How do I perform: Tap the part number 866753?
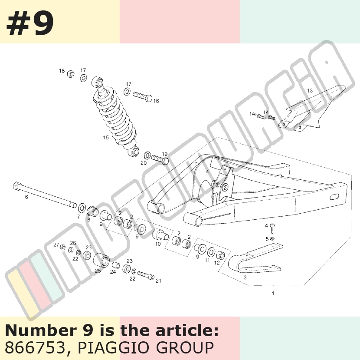click(35, 347)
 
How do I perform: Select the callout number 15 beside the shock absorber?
click(106, 138)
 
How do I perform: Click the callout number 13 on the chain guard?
click(310, 91)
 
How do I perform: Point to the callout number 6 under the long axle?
click(26, 197)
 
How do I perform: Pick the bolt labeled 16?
click(142, 96)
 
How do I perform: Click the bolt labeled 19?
click(160, 159)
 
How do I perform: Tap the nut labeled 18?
click(71, 74)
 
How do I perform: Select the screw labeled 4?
click(272, 228)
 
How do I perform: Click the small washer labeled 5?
click(272, 238)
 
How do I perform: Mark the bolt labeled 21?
click(146, 275)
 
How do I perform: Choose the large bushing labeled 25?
click(101, 260)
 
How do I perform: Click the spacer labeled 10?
click(160, 234)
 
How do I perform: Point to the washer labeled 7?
click(82, 208)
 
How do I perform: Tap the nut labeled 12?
click(220, 255)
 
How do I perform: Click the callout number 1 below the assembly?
click(273, 293)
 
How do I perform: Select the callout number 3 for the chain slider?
click(245, 277)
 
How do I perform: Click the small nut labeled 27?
click(62, 248)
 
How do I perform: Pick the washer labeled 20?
click(147, 155)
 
